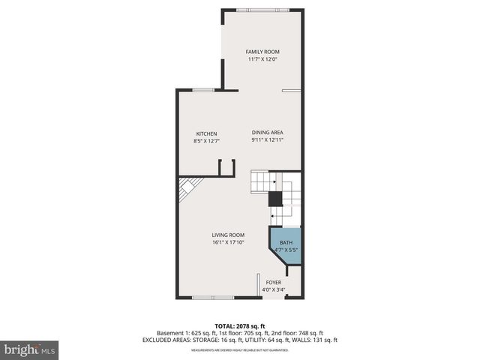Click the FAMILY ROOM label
click(262, 52)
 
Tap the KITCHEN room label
click(206, 133)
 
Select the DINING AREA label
click(266, 133)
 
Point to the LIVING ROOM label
click(228, 235)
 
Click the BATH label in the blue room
click(286, 242)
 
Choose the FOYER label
click(274, 283)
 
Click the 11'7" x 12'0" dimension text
click(262, 59)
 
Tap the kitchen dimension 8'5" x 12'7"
click(206, 140)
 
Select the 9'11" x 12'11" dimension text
click(266, 139)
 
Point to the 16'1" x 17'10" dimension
click(228, 241)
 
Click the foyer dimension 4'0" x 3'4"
click(274, 289)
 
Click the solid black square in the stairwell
click(275, 199)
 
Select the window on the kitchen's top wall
click(202, 90)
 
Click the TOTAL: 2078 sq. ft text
click(240, 325)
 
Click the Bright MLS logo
click(30, 349)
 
